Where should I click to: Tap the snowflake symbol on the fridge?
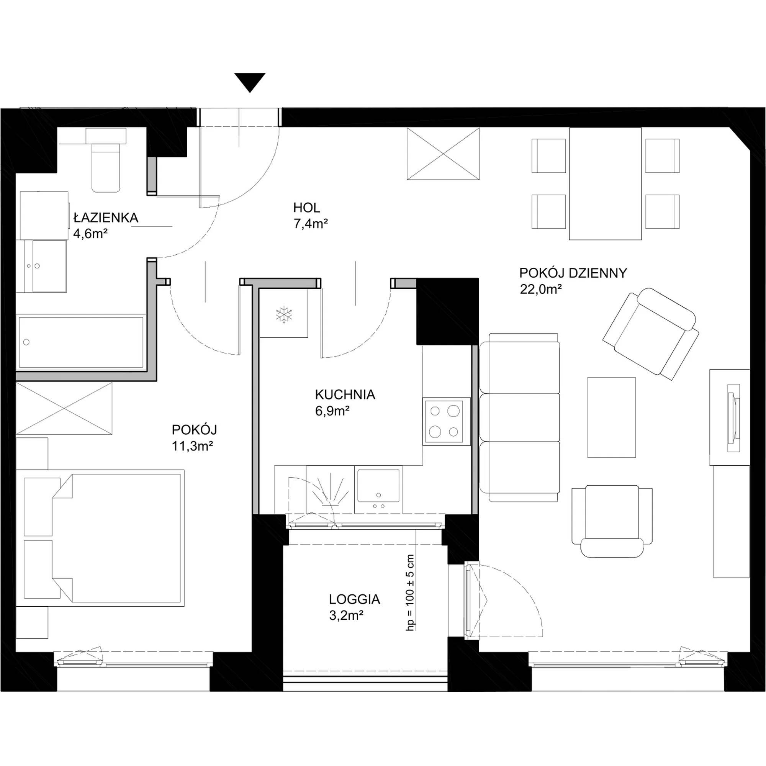pos(284,314)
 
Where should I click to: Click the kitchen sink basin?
pos(378,486)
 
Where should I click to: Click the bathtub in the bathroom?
pos(81,342)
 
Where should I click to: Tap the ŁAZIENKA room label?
pos(106,218)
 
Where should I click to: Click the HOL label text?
pos(306,207)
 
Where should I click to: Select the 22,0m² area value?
pos(541,290)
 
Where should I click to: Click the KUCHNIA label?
pos(345,394)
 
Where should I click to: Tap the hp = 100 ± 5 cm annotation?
pos(410,593)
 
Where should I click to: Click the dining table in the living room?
pos(605,183)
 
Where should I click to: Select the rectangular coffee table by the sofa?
pos(611,417)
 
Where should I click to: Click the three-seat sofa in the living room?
pos(520,417)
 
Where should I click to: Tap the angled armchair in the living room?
pos(651,334)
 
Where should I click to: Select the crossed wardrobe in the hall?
pos(443,154)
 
